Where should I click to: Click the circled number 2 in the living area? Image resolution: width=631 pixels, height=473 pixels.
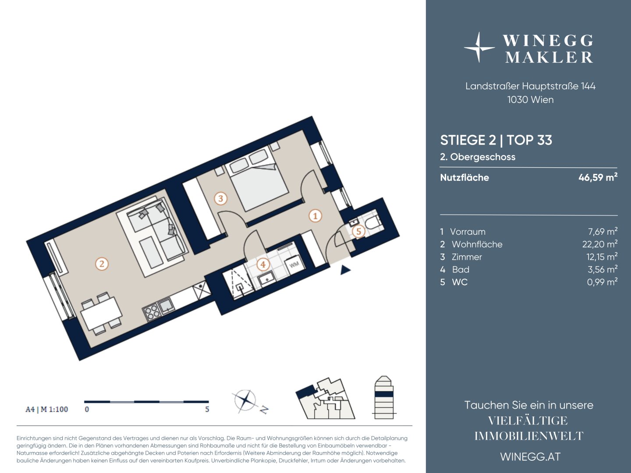click(x=102, y=264)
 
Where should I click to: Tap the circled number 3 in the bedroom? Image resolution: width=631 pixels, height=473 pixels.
click(x=220, y=198)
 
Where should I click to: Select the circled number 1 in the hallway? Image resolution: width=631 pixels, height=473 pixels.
click(x=315, y=215)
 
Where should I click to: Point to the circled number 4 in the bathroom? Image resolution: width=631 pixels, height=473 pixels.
click(x=263, y=264)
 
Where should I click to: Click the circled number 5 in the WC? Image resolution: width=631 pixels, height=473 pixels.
click(x=358, y=231)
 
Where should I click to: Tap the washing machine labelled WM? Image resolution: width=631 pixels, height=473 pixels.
click(x=294, y=264)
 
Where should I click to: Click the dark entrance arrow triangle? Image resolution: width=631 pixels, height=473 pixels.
click(x=345, y=270)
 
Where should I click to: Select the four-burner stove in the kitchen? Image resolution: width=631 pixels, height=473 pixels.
click(x=151, y=313)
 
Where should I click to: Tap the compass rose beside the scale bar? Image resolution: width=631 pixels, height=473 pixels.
click(x=245, y=400)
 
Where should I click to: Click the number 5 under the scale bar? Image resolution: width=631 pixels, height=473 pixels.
click(x=207, y=409)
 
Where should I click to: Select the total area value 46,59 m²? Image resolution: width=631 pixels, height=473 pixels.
click(x=598, y=177)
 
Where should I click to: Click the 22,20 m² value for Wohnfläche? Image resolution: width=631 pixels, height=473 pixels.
click(x=599, y=244)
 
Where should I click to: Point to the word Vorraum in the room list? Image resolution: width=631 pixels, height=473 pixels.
click(x=468, y=232)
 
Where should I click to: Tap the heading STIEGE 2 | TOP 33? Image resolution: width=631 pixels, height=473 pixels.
click(x=496, y=140)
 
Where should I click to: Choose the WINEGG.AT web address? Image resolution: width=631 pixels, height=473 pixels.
click(x=530, y=457)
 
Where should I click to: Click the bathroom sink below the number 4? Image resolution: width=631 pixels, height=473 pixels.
click(x=267, y=279)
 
